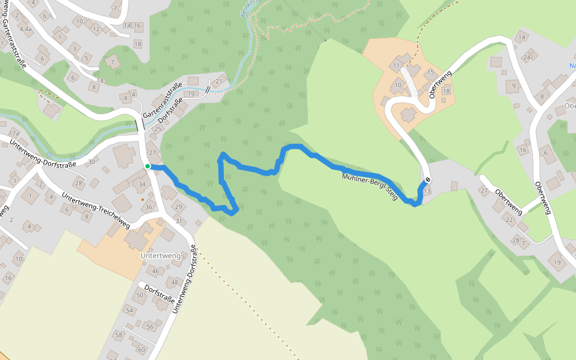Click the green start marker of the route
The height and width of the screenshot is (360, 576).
pos(147,166)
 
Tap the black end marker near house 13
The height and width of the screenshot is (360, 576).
pos(428,180)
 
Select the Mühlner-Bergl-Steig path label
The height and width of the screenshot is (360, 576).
pos(370,187)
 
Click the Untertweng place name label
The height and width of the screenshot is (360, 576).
pos(160,256)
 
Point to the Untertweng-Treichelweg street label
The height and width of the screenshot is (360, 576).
pos(96,211)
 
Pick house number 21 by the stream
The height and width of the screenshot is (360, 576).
pos(219,82)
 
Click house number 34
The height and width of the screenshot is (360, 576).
pos(142,184)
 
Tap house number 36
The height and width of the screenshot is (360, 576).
pos(149,207)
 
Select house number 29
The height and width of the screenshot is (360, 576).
pos(178,207)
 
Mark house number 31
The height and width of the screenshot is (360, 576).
pos(178,221)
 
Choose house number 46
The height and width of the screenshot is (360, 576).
pos(155,271)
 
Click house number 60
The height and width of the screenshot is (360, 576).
pos(142,349)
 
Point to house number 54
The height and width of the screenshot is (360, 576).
pos(130,310)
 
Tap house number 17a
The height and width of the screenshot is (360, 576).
pos(14,133)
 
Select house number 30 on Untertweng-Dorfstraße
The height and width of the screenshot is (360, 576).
pos(92,161)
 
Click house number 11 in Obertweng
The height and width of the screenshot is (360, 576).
pos(396,65)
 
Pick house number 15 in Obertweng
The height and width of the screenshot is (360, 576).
pos(430,72)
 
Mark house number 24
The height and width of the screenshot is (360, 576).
pos(527,58)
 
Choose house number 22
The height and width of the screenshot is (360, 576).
pos(509,220)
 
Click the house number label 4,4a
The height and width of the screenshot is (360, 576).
pos(26,29)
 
